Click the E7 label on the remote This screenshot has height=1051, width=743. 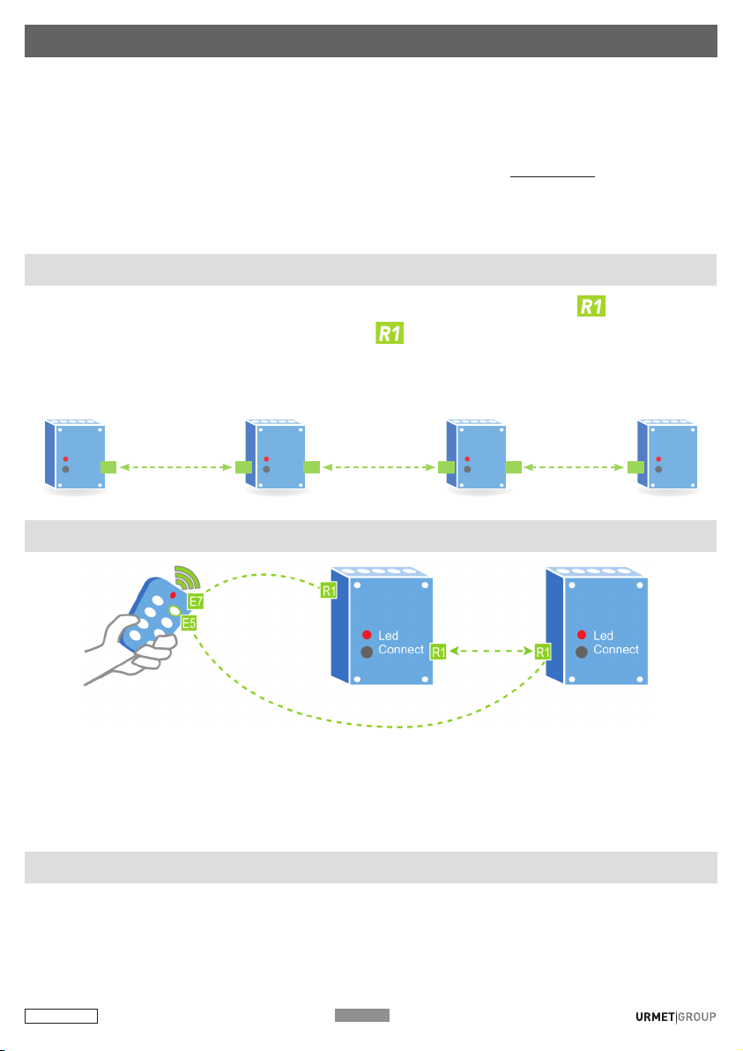click(196, 601)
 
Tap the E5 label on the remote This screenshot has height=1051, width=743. click(189, 623)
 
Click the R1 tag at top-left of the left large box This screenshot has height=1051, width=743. click(329, 591)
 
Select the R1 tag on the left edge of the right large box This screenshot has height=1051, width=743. click(543, 652)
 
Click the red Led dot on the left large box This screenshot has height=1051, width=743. click(367, 635)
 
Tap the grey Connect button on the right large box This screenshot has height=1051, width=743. click(582, 652)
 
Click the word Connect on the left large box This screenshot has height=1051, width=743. click(401, 650)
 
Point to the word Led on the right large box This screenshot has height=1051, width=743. click(603, 636)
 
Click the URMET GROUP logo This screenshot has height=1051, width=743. click(676, 1017)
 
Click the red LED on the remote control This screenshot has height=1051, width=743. click(173, 595)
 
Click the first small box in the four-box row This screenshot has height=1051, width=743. click(75, 456)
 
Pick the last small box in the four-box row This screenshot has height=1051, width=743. click(667, 456)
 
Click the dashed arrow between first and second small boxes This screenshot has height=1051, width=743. click(176, 467)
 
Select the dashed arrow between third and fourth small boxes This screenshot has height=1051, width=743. click(574, 467)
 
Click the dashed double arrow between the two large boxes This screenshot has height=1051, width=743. click(490, 651)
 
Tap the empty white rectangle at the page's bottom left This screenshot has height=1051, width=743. click(61, 1016)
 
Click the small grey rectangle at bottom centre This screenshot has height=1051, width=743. click(361, 1015)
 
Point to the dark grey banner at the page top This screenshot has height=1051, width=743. click(371, 41)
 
